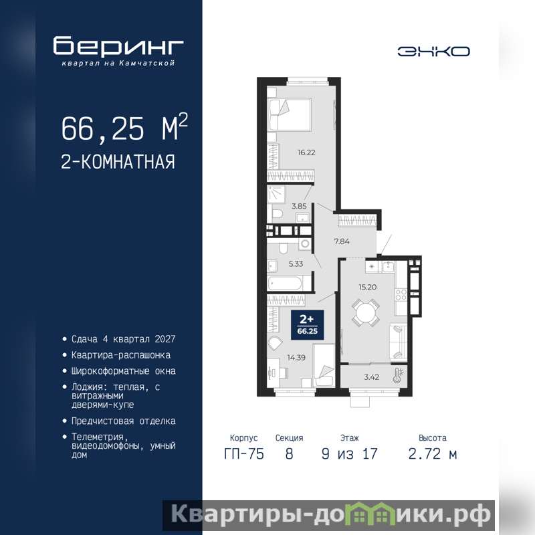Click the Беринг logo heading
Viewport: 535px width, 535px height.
[x=118, y=45]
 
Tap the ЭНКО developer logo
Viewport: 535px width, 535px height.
[x=433, y=51]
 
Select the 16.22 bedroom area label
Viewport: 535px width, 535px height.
[x=306, y=152]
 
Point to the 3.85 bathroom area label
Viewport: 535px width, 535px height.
[x=299, y=206]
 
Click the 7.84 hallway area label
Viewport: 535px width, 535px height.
[x=342, y=241]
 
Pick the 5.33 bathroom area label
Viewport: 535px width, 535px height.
[x=296, y=263]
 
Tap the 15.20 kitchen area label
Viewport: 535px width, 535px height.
[x=367, y=288]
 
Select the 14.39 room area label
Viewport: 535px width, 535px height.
[x=296, y=358]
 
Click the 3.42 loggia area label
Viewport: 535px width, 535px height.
[x=372, y=377]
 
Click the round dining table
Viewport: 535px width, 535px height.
[x=365, y=312]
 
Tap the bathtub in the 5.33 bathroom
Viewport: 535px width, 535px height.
[x=286, y=283]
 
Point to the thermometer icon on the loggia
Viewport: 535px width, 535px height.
[x=398, y=375]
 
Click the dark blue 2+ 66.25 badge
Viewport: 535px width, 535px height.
[x=307, y=325]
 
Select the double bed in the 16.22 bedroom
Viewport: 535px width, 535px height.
[x=290, y=115]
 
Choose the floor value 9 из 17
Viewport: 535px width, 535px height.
[x=349, y=454]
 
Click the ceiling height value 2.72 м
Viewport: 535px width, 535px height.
[x=432, y=454]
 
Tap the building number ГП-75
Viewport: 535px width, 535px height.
[x=244, y=454]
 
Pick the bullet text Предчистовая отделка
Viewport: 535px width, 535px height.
[x=124, y=421]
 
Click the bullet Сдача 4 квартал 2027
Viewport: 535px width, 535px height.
[x=124, y=339]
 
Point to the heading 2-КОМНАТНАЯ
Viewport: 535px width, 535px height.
[x=118, y=162]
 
